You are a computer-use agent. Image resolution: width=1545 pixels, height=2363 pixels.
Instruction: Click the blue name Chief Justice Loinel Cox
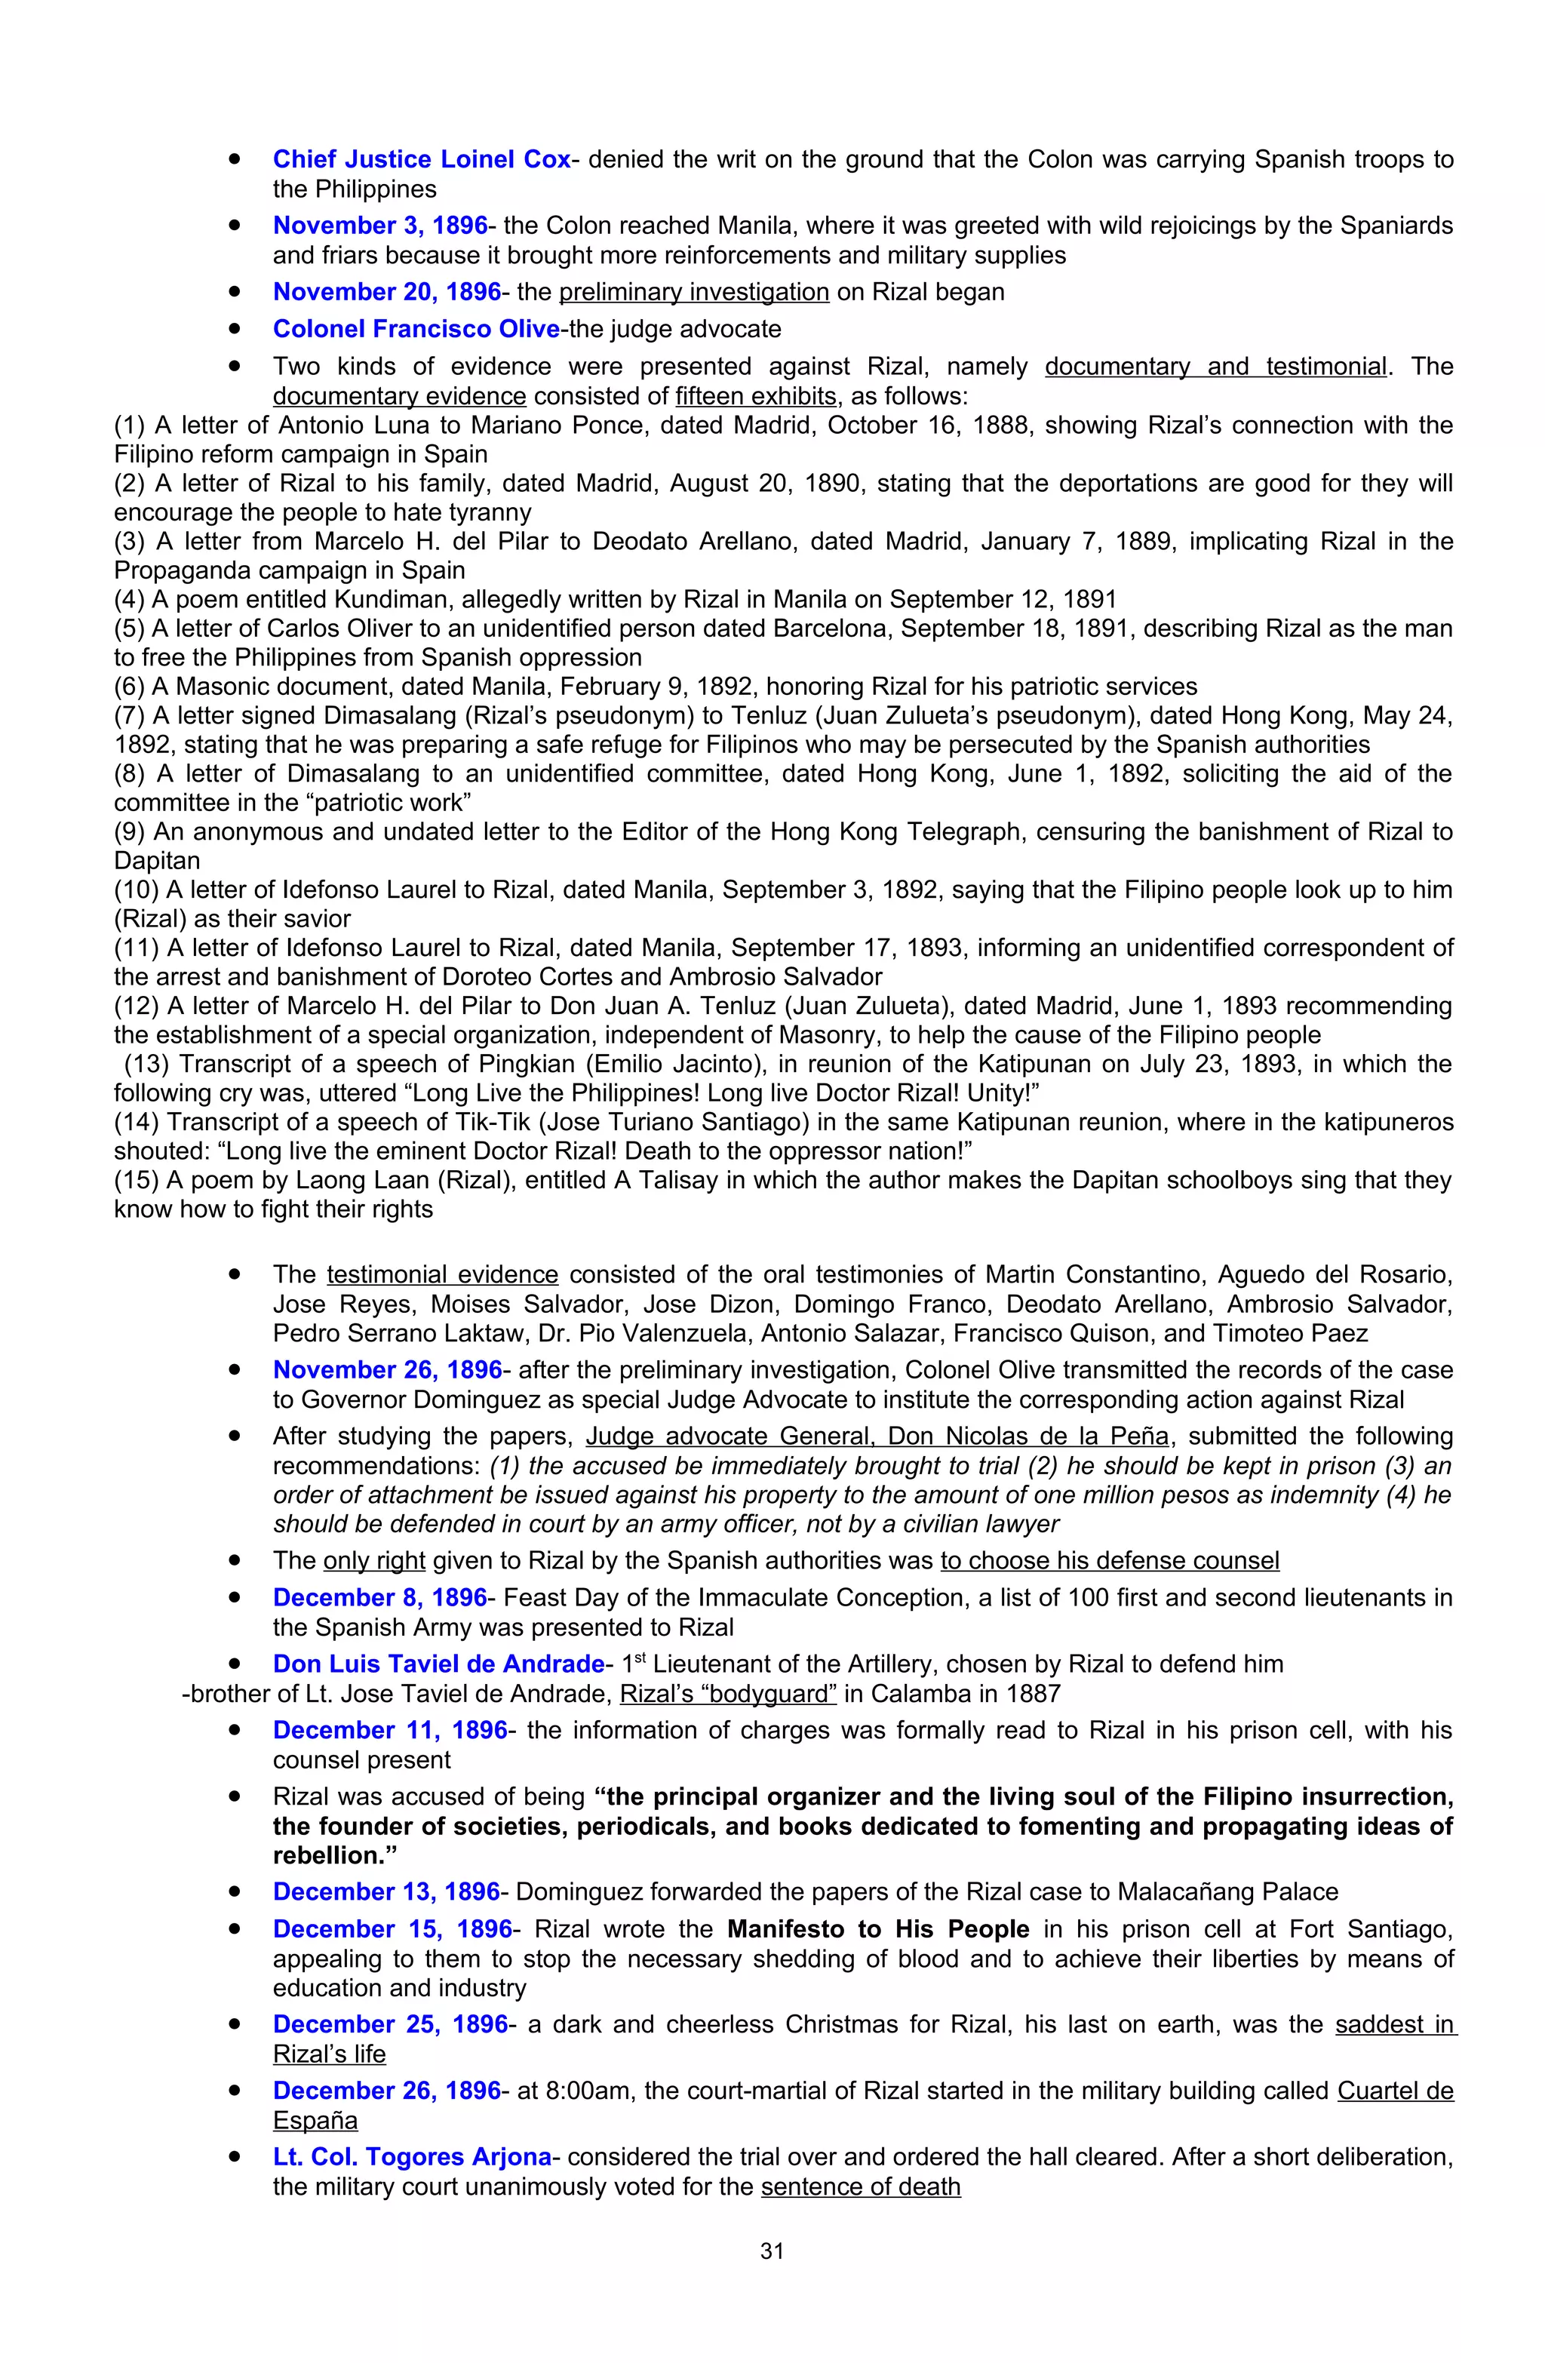[x=422, y=159]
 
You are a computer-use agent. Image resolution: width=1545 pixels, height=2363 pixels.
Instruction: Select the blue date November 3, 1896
[x=380, y=226]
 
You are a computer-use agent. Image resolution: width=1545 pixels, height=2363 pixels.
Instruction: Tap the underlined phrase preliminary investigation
[x=693, y=292]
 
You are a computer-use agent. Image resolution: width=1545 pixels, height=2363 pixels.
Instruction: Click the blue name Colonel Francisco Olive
[x=416, y=329]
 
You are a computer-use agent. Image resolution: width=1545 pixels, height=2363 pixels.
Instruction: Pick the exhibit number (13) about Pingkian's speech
[x=146, y=1065]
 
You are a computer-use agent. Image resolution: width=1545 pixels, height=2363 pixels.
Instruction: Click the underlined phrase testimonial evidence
[x=442, y=1275]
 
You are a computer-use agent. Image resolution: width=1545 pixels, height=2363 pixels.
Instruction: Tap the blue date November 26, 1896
[x=387, y=1370]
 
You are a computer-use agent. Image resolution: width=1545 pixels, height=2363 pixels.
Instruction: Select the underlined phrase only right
[x=374, y=1561]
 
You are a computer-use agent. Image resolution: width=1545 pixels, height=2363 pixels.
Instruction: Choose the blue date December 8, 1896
[x=380, y=1597]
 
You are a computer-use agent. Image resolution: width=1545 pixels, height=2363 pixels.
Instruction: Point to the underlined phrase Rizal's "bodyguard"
[x=728, y=1694]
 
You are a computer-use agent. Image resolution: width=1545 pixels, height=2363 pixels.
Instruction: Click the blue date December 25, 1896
[x=390, y=2024]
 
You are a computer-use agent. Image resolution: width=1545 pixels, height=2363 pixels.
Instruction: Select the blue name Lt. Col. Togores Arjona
[x=412, y=2158]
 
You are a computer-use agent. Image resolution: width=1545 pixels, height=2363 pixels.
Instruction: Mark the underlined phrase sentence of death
[x=860, y=2187]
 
